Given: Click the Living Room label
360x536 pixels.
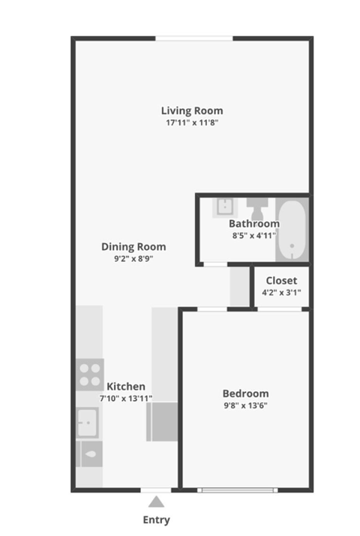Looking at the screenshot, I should pyautogui.click(x=192, y=110).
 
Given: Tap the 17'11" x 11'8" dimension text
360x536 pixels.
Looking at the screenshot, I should pyautogui.click(x=192, y=122).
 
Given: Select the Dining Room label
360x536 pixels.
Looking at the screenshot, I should pyautogui.click(x=133, y=246).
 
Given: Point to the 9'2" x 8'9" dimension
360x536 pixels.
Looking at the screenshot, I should pyautogui.click(x=133, y=258).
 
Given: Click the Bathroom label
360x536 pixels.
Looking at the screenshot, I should pyautogui.click(x=254, y=224).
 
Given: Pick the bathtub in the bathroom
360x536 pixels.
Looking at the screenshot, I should pyautogui.click(x=291, y=229).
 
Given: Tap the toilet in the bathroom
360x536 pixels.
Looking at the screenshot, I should pyautogui.click(x=257, y=205).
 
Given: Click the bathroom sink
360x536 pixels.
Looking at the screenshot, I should pyautogui.click(x=224, y=207).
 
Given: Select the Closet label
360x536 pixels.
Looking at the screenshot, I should pyautogui.click(x=281, y=281).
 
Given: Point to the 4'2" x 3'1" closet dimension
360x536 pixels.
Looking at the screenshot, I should pyautogui.click(x=281, y=292).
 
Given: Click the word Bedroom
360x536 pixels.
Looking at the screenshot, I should pyautogui.click(x=245, y=393).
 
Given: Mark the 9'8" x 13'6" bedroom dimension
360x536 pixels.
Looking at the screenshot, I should pyautogui.click(x=245, y=405).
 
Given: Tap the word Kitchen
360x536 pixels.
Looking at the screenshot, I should pyautogui.click(x=126, y=387).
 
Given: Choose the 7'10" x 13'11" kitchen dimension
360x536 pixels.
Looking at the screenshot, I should pyautogui.click(x=126, y=399).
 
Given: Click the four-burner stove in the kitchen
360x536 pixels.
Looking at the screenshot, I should pyautogui.click(x=90, y=373).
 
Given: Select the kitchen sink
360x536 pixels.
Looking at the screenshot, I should pyautogui.click(x=87, y=423).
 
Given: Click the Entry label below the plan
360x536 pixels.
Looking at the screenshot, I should pyautogui.click(x=156, y=519).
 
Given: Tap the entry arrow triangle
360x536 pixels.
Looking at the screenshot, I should pyautogui.click(x=156, y=501).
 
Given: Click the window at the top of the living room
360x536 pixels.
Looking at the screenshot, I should pyautogui.click(x=194, y=37).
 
